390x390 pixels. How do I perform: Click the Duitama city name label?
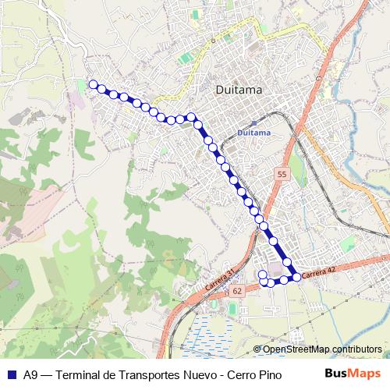coord(238,90)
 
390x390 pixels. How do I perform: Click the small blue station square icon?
coord(253,123)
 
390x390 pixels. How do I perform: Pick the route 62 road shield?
coord(237,290)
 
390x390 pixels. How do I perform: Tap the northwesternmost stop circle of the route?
coord(93,84)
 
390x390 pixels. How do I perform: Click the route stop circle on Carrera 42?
coord(296,277)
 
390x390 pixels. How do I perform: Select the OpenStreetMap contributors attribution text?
coord(321,349)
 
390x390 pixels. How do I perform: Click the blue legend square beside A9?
coord(10,373)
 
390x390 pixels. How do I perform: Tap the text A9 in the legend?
coord(30,373)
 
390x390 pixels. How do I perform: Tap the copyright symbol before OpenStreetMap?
coord(258,349)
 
